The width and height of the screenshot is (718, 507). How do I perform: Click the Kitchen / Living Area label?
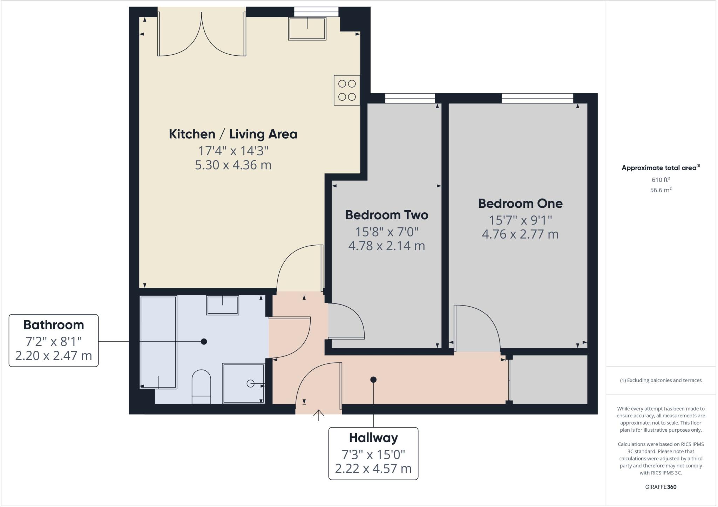[x=233, y=134]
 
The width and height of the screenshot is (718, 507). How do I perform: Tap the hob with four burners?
[x=347, y=90]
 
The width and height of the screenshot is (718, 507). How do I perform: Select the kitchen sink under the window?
[x=307, y=28]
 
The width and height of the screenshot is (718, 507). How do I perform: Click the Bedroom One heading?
[x=520, y=204]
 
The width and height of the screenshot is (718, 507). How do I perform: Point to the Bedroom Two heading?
[x=386, y=215]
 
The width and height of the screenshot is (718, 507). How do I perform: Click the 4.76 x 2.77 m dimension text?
[x=520, y=234]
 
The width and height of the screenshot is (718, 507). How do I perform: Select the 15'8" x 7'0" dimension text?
[x=387, y=232]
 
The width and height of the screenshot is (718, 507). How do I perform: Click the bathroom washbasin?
[x=222, y=305]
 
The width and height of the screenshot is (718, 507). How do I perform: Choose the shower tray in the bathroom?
[x=243, y=383]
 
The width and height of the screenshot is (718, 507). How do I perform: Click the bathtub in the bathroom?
[x=158, y=342]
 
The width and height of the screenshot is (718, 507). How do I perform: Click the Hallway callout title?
[x=373, y=438]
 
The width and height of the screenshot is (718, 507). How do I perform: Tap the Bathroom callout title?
[x=54, y=325]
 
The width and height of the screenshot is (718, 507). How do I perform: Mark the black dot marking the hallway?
[x=373, y=379]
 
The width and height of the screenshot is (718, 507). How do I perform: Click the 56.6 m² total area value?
[x=661, y=190]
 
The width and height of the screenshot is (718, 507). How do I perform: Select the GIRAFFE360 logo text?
[x=661, y=487]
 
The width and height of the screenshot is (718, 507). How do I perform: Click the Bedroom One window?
[x=537, y=98]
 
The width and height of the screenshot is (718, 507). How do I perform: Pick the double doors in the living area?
[x=202, y=35]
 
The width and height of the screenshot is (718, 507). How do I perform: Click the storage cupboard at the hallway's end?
[x=549, y=379]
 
